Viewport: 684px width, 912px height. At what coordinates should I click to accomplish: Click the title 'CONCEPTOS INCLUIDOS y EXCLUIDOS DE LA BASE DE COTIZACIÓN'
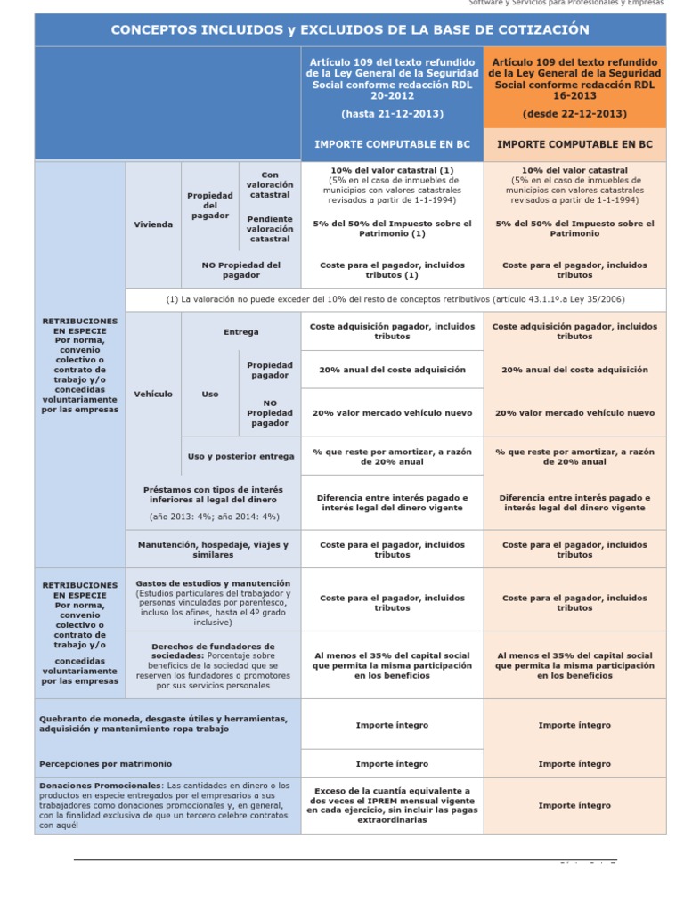point(349,29)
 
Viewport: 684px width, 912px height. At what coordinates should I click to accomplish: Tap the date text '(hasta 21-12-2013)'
point(392,114)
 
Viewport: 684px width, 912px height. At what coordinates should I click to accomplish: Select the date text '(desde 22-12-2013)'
point(574,114)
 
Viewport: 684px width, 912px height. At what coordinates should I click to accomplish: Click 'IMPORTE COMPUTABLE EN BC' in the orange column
point(574,143)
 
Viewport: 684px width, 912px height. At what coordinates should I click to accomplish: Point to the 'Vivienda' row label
point(153,224)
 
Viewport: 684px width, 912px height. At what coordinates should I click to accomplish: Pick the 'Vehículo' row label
point(153,394)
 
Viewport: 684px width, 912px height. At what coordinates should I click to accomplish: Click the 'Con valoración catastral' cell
point(270,184)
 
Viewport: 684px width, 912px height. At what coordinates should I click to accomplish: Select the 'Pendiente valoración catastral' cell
point(270,228)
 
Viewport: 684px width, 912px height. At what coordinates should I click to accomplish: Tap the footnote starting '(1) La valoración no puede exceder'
point(395,299)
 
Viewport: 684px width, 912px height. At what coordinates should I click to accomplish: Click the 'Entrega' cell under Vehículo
point(241,332)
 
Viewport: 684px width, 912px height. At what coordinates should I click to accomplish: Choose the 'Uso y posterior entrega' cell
point(241,456)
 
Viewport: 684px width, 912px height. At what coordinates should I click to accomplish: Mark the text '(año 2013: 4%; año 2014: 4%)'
point(215,516)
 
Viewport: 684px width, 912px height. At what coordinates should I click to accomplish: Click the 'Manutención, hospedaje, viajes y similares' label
point(213,550)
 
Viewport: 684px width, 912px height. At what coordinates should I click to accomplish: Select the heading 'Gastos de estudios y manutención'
point(213,583)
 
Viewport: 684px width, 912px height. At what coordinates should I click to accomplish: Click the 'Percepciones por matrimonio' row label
point(106,764)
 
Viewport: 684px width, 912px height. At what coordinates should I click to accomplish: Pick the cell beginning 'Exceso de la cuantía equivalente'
point(392,805)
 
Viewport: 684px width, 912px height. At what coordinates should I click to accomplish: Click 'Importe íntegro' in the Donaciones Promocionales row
point(574,805)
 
